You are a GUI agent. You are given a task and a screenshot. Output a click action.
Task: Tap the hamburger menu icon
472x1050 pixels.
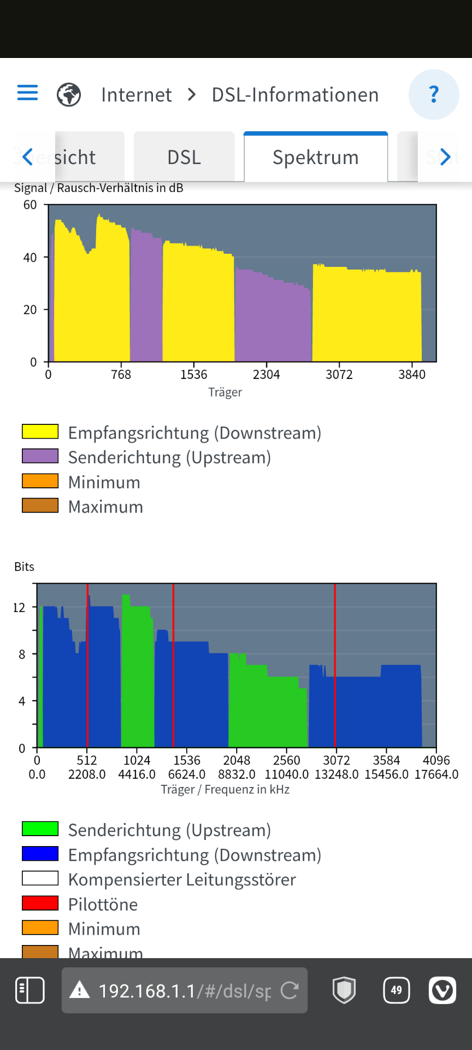coord(27,92)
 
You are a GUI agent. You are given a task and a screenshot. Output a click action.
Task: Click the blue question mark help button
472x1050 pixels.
coord(434,95)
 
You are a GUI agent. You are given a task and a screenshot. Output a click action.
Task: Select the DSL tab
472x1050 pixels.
coord(184,157)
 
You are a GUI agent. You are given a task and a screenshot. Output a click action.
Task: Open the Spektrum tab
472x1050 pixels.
coord(316,157)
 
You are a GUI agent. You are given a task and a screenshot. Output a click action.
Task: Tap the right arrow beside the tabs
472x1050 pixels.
coord(445,157)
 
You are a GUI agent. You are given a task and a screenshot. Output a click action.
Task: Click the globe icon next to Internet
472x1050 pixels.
coord(69,95)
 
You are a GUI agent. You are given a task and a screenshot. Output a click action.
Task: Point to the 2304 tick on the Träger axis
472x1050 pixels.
coord(266,375)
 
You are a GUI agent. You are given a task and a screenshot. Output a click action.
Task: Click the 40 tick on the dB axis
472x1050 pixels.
coord(30,258)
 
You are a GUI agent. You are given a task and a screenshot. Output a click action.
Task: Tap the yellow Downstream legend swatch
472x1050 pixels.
coord(40,431)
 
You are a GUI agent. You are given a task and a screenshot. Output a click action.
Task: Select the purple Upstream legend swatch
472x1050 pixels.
coord(40,456)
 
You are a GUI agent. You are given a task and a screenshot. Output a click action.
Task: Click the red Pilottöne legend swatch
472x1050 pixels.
coord(40,903)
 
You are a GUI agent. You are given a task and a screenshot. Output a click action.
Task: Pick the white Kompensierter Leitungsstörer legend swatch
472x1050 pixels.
coord(40,878)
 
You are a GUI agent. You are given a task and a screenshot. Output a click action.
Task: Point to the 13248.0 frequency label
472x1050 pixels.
coord(337,774)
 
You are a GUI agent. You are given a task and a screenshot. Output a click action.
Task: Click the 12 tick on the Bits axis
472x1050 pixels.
coord(19,608)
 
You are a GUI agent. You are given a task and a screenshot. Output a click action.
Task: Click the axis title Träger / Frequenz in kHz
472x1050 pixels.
coord(225,789)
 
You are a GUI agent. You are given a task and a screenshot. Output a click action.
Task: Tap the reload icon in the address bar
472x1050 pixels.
coord(290,990)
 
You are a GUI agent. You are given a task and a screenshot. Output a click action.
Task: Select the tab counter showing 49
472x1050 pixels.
coord(396,990)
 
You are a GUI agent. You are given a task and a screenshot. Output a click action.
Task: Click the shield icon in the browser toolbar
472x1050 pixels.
coord(344,990)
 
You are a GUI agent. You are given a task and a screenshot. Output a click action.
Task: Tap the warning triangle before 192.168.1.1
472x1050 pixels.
coord(80,990)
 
